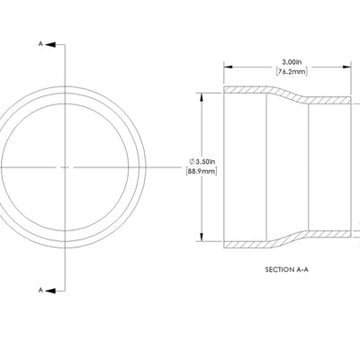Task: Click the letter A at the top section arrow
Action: tap(40, 43)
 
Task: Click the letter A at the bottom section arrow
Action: tap(40, 289)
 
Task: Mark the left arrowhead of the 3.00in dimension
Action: tap(227, 66)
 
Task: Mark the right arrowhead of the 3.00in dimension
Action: tap(346, 66)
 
